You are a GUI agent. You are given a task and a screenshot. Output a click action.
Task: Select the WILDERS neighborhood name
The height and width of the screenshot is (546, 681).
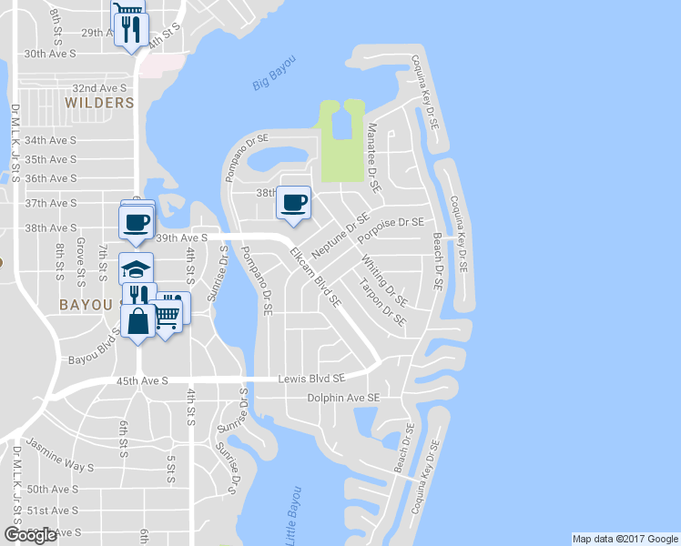pos(99,103)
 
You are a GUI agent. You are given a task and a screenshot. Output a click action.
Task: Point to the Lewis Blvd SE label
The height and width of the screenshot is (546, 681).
pos(311,378)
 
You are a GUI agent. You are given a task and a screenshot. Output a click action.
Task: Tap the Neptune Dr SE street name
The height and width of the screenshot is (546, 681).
pos(340,235)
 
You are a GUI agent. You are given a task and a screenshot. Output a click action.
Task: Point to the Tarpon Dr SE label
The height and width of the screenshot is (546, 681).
pos(381,304)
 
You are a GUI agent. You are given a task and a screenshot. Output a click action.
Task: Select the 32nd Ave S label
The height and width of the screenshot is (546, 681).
pos(99,88)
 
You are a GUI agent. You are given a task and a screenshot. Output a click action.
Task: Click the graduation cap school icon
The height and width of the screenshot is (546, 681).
pos(137,269)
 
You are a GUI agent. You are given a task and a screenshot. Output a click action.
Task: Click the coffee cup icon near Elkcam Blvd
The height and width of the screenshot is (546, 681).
pos(293,201)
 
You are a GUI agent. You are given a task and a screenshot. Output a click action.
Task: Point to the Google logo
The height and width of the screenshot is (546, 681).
pos(30,535)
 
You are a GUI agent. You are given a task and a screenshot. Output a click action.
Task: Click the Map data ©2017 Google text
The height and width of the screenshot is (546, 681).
pos(625,539)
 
